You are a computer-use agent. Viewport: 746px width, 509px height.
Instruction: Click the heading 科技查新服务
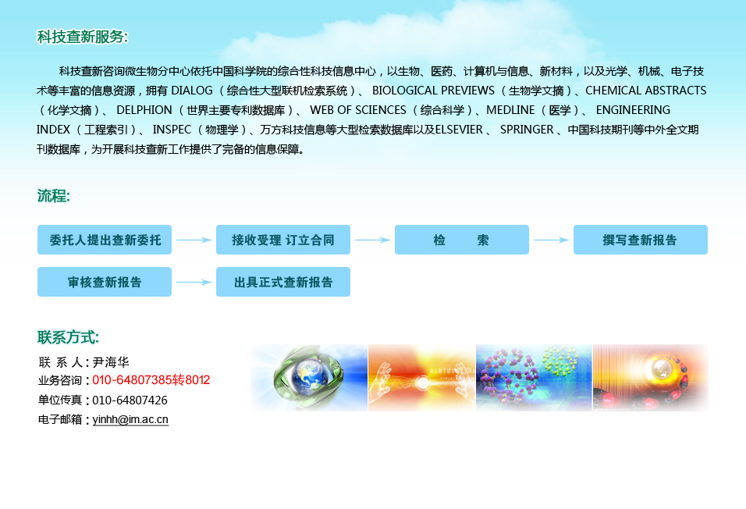tap(82, 37)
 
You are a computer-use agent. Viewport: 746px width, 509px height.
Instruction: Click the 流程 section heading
tap(54, 195)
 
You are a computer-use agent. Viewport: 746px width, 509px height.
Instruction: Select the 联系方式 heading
tap(68, 337)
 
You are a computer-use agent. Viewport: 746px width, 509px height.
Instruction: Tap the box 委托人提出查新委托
tap(105, 240)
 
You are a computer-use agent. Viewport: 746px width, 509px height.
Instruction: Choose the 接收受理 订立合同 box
tap(283, 240)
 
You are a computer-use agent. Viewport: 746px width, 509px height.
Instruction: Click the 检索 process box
tap(461, 240)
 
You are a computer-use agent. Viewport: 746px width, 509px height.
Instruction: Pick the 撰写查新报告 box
tap(641, 240)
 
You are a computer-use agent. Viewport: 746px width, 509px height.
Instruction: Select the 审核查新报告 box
tap(105, 282)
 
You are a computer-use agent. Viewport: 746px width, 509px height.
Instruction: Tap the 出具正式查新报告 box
tap(283, 282)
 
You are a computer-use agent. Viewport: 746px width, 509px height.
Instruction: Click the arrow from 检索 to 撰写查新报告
tap(552, 240)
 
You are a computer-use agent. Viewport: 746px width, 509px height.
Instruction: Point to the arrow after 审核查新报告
tap(194, 282)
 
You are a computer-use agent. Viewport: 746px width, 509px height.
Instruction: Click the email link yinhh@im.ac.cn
tap(130, 419)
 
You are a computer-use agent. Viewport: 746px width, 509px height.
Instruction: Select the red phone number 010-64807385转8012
tap(151, 380)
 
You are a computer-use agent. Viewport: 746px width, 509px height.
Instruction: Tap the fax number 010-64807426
tap(130, 400)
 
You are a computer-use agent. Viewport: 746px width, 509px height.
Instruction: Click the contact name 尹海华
tap(111, 362)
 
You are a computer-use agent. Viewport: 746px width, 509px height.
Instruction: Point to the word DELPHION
tap(144, 110)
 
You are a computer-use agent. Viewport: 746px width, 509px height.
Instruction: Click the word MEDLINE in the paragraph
tap(510, 110)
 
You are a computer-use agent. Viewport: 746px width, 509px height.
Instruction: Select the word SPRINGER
tap(527, 130)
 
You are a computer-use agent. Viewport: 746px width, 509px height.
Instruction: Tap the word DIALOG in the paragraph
tap(192, 91)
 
